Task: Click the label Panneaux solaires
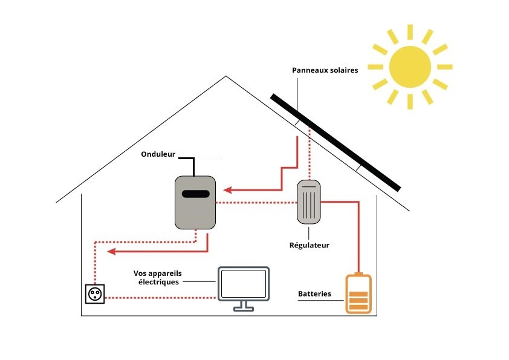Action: (325, 71)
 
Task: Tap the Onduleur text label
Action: (158, 154)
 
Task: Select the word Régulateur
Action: (309, 245)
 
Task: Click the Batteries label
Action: (314, 293)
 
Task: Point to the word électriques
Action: (158, 282)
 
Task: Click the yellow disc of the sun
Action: (410, 67)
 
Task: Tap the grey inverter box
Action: (195, 203)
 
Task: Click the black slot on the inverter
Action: (195, 194)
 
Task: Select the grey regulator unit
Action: (309, 201)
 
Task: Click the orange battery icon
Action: (358, 294)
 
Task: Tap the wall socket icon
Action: (95, 293)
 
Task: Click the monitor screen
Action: (244, 284)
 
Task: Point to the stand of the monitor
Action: (244, 306)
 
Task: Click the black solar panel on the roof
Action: (336, 143)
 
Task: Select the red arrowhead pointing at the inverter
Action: (227, 190)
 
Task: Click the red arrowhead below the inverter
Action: (112, 252)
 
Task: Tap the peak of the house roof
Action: (226, 76)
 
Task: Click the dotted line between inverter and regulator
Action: (256, 203)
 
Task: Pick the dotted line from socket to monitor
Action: (161, 298)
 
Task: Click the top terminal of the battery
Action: (358, 274)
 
